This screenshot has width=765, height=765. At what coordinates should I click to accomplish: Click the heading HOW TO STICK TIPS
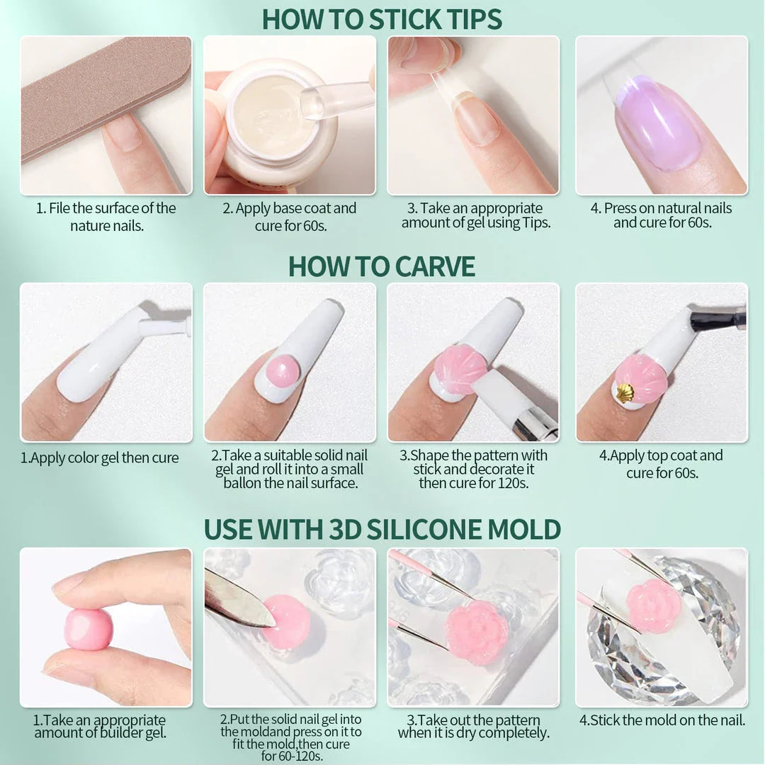(x=382, y=19)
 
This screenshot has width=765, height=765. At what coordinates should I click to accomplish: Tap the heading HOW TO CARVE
(x=382, y=266)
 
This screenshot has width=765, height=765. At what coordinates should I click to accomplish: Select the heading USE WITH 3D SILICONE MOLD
(x=382, y=529)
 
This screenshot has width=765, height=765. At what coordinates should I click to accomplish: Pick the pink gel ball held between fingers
(x=89, y=628)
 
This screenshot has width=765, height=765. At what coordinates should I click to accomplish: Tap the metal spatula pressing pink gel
(x=237, y=599)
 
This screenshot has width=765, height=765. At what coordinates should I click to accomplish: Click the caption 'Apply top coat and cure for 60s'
(x=662, y=464)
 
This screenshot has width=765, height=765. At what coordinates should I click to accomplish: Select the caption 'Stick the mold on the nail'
(x=662, y=720)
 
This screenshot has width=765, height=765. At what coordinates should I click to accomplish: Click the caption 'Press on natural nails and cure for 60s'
(x=662, y=215)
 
